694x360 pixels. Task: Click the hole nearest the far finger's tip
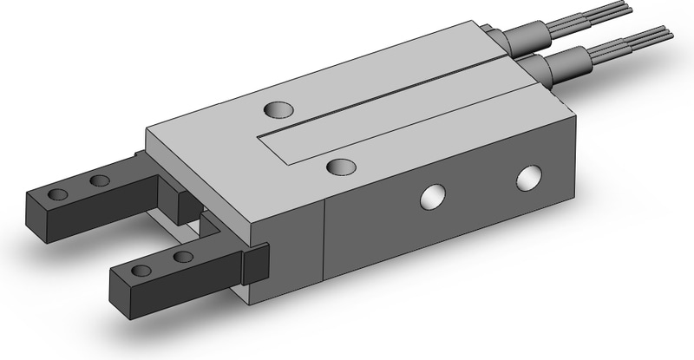pos(58,193)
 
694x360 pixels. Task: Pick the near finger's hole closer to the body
pos(182,257)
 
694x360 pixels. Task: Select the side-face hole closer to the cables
pos(527,180)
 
